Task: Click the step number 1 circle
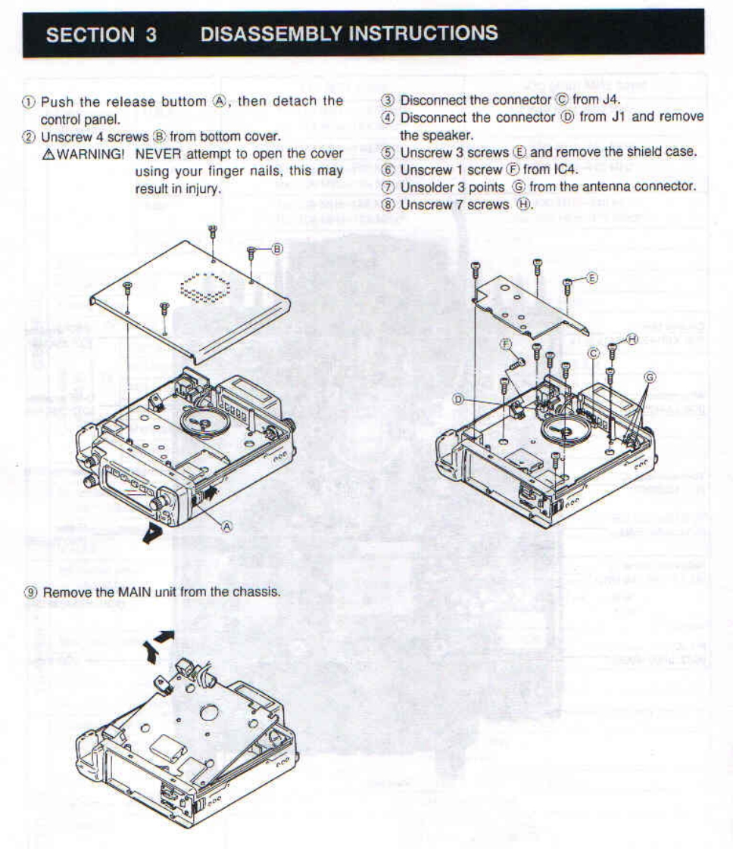point(31,101)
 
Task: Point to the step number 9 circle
point(32,592)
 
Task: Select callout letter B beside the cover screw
point(277,247)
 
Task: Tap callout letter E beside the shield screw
point(592,278)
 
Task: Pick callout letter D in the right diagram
point(458,398)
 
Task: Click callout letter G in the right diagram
point(649,377)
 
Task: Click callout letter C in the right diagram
point(593,352)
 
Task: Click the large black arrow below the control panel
point(154,534)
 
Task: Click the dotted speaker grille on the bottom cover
point(205,287)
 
